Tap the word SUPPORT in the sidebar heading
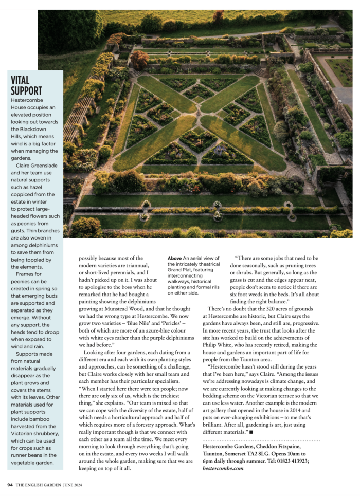[x=26, y=91]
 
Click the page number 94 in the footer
[x=10, y=485]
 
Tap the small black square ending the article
[x=251, y=433]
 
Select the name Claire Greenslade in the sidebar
[x=36, y=166]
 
